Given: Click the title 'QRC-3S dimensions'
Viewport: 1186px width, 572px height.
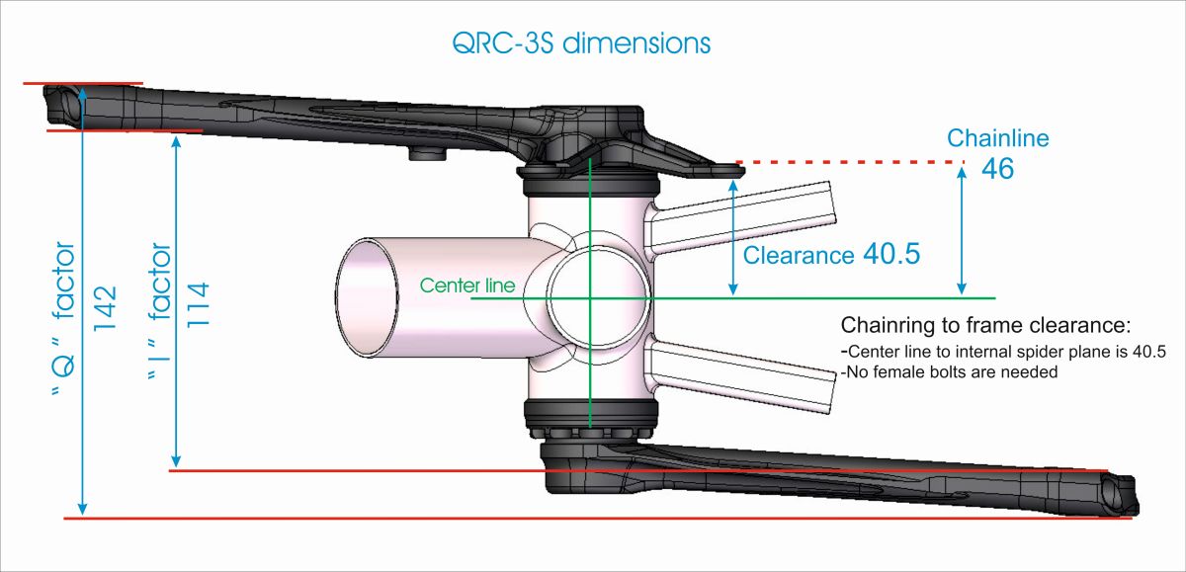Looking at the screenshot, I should coord(581,44).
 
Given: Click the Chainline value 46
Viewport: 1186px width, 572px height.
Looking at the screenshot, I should coord(996,169).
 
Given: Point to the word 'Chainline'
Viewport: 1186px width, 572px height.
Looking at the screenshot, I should coord(997,138).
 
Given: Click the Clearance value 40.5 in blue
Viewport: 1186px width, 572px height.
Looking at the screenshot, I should coord(891,254).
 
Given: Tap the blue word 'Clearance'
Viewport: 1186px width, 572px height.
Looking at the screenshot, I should coord(800,255).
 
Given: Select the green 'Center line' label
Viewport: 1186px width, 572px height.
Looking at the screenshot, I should coord(467,286).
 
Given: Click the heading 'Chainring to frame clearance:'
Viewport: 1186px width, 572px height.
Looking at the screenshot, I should coord(984,326).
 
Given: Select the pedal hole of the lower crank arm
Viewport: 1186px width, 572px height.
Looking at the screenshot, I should coord(1121,493).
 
